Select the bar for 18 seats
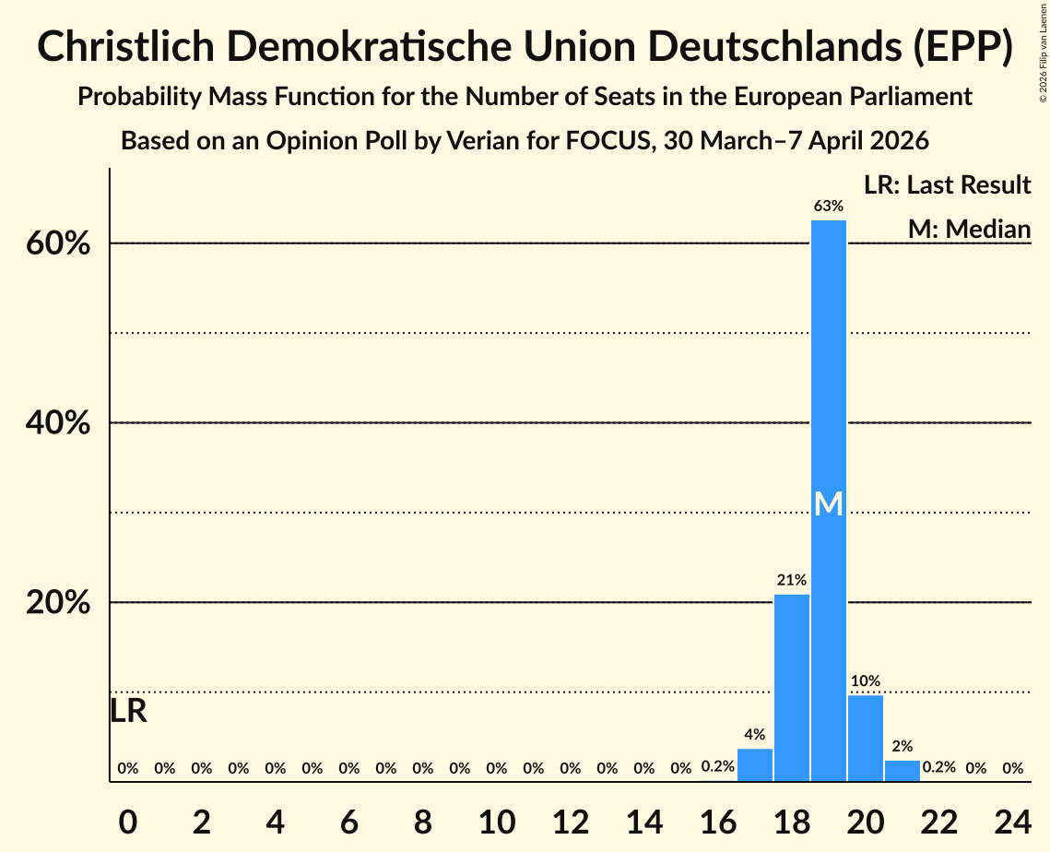(x=791, y=688)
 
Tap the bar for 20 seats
(x=865, y=738)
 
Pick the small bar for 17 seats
(x=755, y=764)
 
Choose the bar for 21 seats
(x=902, y=771)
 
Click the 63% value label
(x=828, y=207)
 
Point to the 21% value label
(x=791, y=580)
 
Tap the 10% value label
(x=865, y=681)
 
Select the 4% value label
(x=755, y=735)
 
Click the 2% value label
(x=902, y=747)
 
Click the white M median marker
(x=828, y=503)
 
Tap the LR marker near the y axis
(x=128, y=711)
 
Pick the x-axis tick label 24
(x=1012, y=820)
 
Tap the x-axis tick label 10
(x=496, y=820)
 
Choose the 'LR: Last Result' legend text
(x=947, y=185)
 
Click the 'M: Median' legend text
(x=969, y=229)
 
